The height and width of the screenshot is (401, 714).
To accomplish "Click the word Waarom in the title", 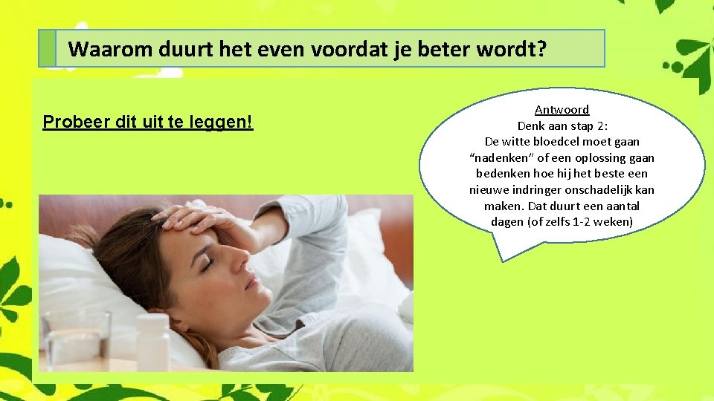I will coord(100,50).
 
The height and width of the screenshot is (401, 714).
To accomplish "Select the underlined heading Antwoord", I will coord(562,109).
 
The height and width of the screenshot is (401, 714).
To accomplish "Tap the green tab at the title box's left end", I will coord(48,49).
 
